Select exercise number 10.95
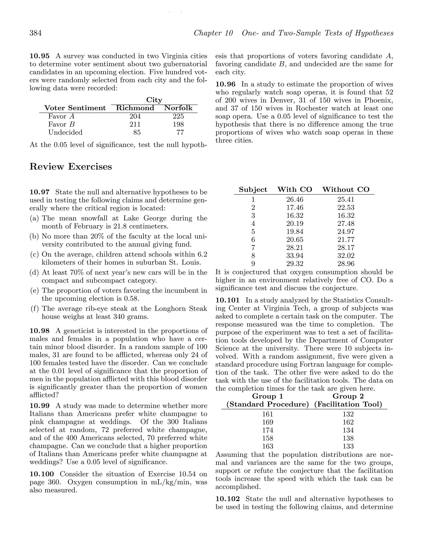39,56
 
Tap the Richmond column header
135,108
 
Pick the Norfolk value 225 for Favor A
178,116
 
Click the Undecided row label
65,132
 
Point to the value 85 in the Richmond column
137,132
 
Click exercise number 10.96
225,84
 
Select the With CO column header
295,190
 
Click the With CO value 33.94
295,256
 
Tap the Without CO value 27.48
346,224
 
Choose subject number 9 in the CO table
253,264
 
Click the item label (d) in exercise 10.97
34,272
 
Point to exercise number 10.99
39,406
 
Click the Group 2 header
348,396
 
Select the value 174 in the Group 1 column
268,430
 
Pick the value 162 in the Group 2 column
348,422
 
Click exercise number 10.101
227,300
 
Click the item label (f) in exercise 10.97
34,308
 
